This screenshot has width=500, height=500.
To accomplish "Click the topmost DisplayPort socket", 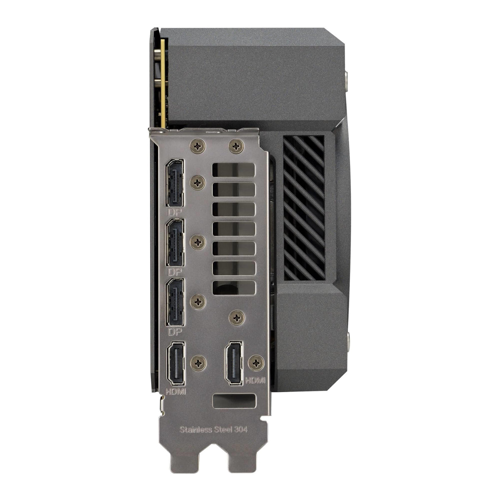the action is (x=175, y=183).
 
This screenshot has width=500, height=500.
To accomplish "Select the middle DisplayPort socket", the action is (x=175, y=242).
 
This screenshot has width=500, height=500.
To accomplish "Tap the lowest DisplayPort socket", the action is (x=175, y=302).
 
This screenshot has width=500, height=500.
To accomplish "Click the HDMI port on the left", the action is (x=176, y=363).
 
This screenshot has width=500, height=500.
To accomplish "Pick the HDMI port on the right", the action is (x=234, y=363).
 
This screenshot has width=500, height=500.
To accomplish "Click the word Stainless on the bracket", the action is (x=196, y=430).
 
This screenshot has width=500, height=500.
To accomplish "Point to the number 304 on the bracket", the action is (x=240, y=430).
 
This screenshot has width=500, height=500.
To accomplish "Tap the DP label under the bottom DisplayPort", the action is (x=174, y=332).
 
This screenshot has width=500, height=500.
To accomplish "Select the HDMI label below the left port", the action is (x=176, y=392).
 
